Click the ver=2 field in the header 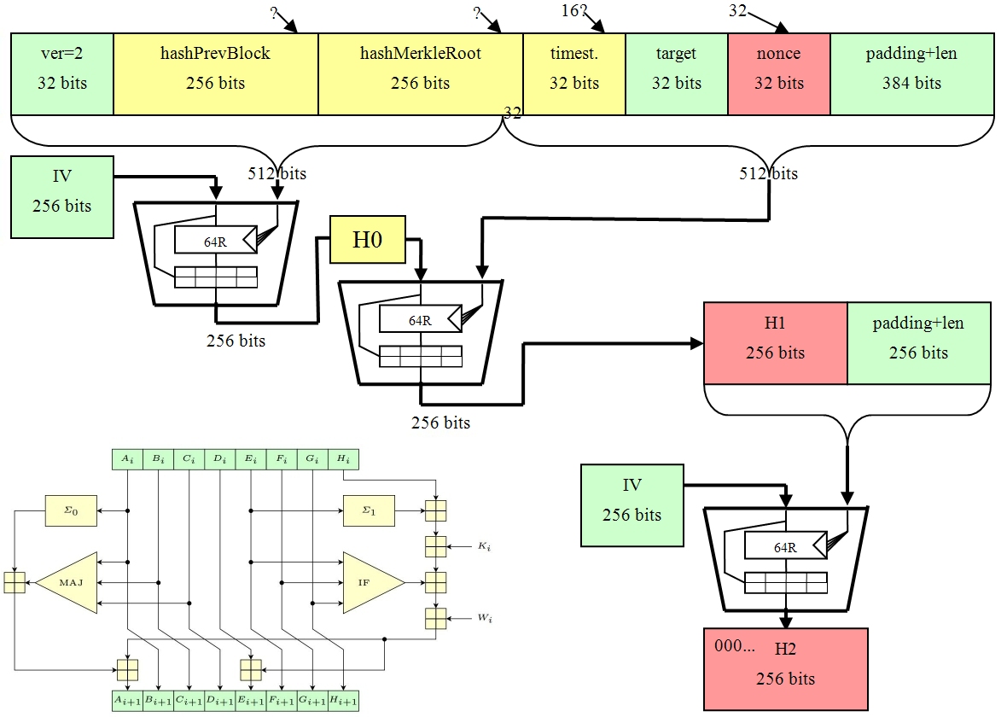click(x=62, y=73)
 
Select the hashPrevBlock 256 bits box click(x=215, y=73)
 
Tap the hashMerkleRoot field click(x=420, y=73)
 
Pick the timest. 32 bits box click(x=574, y=73)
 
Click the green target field click(x=677, y=73)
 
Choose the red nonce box click(x=779, y=73)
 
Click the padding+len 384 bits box click(x=911, y=73)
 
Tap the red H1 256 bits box click(x=775, y=342)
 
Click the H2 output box click(x=785, y=669)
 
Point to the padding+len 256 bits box click(x=918, y=342)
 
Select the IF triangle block click(x=370, y=582)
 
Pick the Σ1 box click(x=368, y=510)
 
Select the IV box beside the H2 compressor click(x=632, y=504)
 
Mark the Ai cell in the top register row click(x=127, y=459)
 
